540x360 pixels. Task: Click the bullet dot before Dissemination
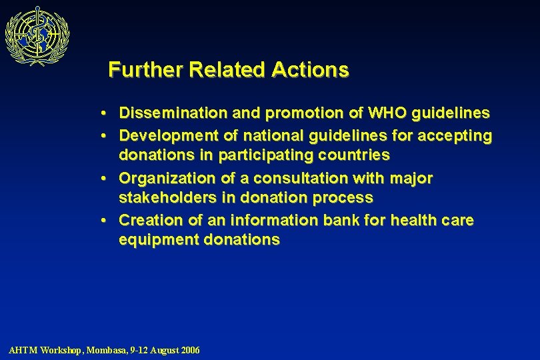pos(107,113)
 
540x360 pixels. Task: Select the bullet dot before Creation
pos(107,221)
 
